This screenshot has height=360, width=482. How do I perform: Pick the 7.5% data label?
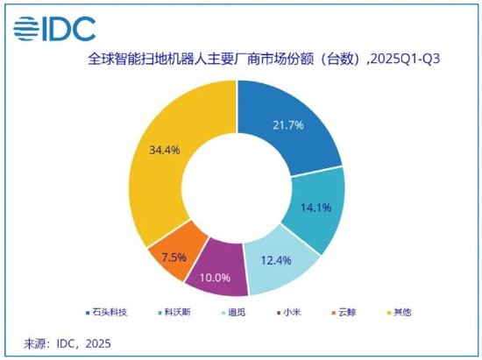167,259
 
